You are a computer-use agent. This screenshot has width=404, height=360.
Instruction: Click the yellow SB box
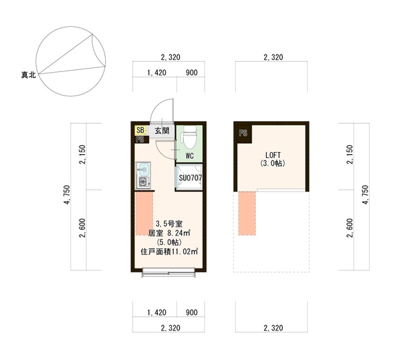pos(141,131)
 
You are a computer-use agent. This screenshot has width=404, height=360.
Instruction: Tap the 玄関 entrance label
pos(162,131)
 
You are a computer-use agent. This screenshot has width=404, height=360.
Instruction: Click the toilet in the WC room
pos(190,137)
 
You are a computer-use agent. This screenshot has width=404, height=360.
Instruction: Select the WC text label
pos(189,156)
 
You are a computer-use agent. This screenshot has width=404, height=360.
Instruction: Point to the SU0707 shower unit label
pos(191,178)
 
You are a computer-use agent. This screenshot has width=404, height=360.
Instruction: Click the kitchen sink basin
pos(143,170)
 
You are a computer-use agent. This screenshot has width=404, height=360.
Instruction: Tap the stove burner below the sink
pos(143,182)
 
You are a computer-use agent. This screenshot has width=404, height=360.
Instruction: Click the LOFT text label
pos(273,155)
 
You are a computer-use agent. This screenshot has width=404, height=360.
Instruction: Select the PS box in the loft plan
pos(243,133)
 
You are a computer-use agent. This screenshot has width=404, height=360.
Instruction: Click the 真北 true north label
pos(28,75)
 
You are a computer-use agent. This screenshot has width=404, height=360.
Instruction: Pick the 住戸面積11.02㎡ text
pos(169,252)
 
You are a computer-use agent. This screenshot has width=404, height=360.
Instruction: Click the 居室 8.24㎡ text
pos(169,233)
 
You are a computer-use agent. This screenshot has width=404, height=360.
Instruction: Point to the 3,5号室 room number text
pos(169,224)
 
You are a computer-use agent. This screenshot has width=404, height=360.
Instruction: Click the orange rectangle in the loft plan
pos(247,213)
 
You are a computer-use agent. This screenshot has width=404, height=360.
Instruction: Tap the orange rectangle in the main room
pos(144,213)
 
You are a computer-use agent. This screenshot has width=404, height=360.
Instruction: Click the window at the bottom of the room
pos(168,273)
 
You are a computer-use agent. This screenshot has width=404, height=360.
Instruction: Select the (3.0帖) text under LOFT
pos(273,164)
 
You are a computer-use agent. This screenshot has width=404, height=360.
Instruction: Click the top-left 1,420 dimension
pos(157,73)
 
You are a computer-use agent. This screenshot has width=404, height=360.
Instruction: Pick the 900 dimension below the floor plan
pos(192,313)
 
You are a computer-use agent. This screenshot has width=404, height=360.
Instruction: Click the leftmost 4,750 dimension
pos(67,194)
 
